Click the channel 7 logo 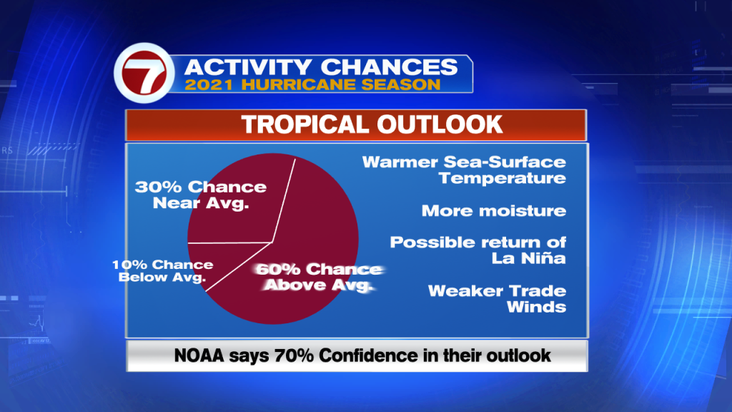[x=144, y=73]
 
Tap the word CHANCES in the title [x=390, y=67]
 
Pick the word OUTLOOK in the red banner [x=440, y=124]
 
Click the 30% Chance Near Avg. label [x=201, y=195]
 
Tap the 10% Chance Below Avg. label [x=162, y=271]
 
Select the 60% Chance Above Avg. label [x=320, y=277]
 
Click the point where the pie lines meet [x=272, y=242]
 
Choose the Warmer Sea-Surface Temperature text [x=464, y=170]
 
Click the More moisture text [x=494, y=211]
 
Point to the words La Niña [x=528, y=257]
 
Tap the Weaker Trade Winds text [x=498, y=299]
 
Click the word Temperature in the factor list [x=503, y=178]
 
